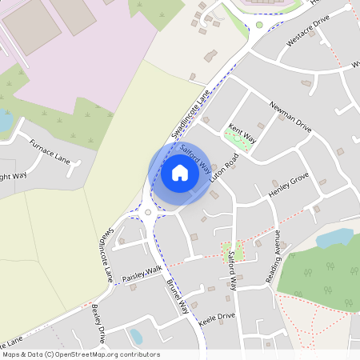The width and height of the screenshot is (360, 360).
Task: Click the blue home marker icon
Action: point(180,173)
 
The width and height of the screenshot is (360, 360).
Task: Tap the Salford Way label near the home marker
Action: point(195,158)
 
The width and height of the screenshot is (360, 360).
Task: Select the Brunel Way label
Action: point(178,295)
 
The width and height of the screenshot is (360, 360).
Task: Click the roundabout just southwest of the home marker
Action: point(148,213)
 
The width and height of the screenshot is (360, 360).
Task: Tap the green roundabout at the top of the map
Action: point(258,25)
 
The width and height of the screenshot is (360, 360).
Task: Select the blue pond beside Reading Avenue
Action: point(334,238)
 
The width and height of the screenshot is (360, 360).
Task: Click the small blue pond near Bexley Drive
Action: point(135,337)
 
